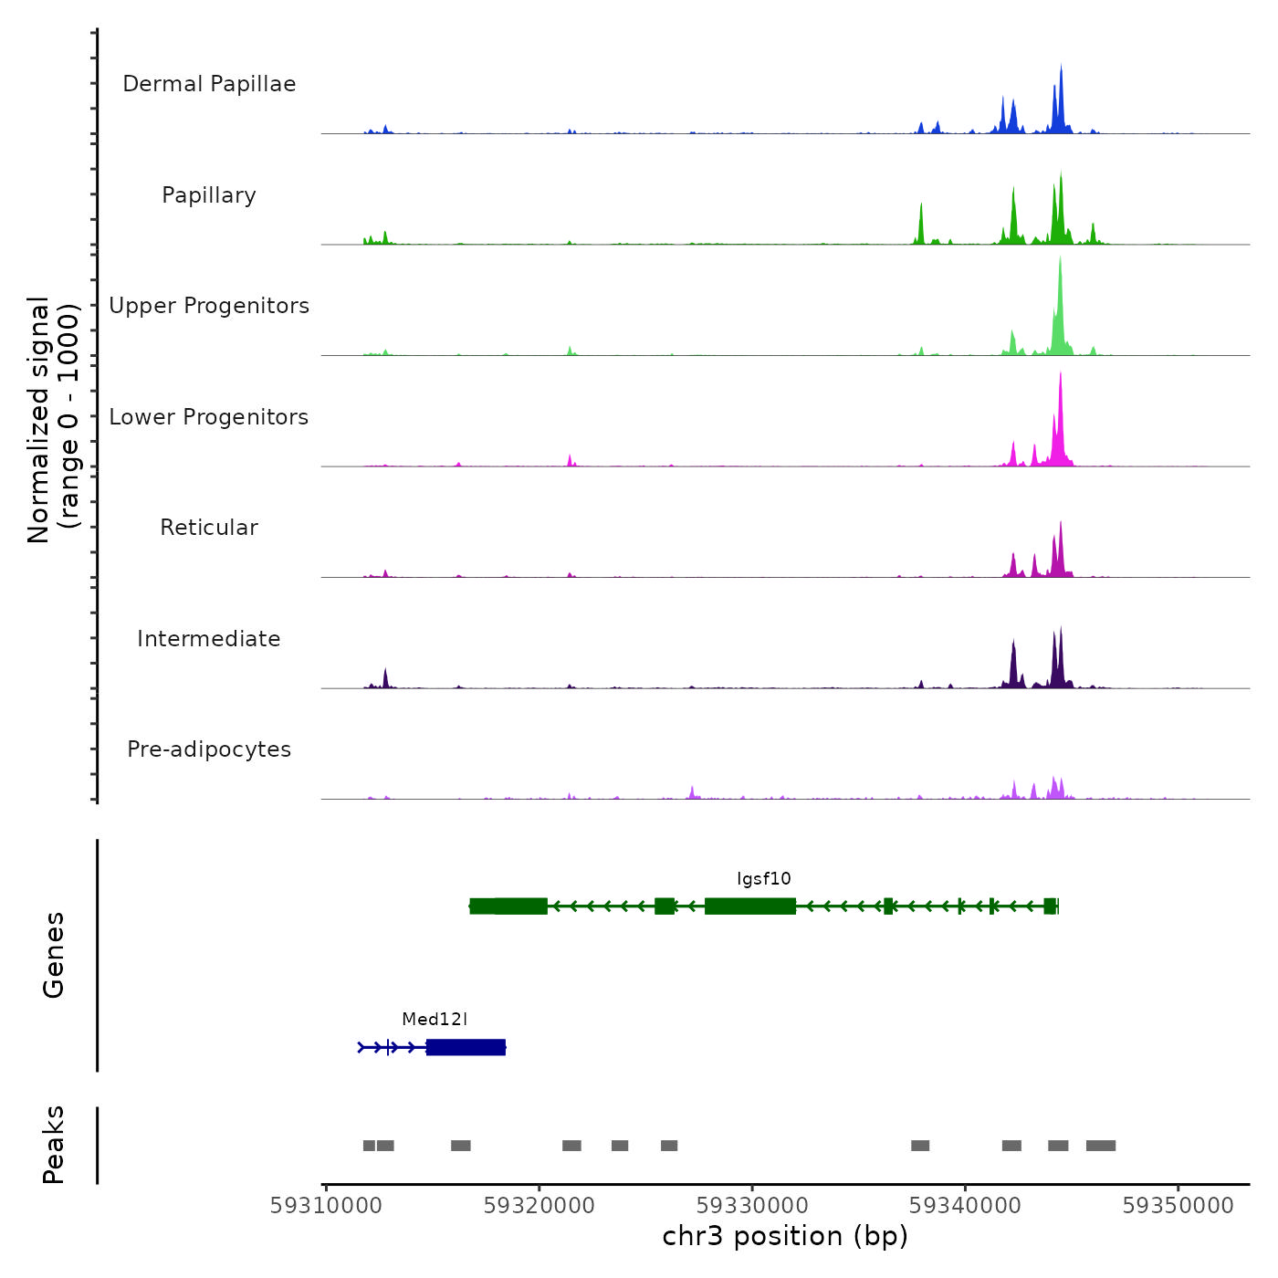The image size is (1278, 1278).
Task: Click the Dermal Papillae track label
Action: (x=209, y=84)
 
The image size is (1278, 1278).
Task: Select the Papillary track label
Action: (x=209, y=195)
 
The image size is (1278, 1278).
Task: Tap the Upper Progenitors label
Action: (x=209, y=306)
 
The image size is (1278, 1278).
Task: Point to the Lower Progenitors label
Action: (x=209, y=417)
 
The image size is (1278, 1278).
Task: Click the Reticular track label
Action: (x=209, y=528)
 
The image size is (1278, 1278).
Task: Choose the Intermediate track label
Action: (x=209, y=639)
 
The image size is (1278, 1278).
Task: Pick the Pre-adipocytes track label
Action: (x=209, y=749)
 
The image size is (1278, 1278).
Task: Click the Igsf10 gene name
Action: (x=764, y=879)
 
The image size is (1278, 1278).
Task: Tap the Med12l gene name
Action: (x=435, y=1020)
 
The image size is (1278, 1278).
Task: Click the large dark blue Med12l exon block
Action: (x=466, y=1047)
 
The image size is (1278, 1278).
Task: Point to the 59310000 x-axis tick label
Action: (x=326, y=1206)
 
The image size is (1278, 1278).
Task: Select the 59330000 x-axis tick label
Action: (x=752, y=1206)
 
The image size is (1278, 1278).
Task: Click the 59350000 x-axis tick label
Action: (x=1178, y=1206)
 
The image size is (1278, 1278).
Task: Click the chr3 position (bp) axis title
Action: (x=785, y=1236)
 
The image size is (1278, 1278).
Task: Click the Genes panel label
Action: (x=54, y=955)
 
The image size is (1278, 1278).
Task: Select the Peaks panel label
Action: (x=54, y=1145)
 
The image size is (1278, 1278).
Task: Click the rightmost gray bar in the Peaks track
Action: (x=1101, y=1146)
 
